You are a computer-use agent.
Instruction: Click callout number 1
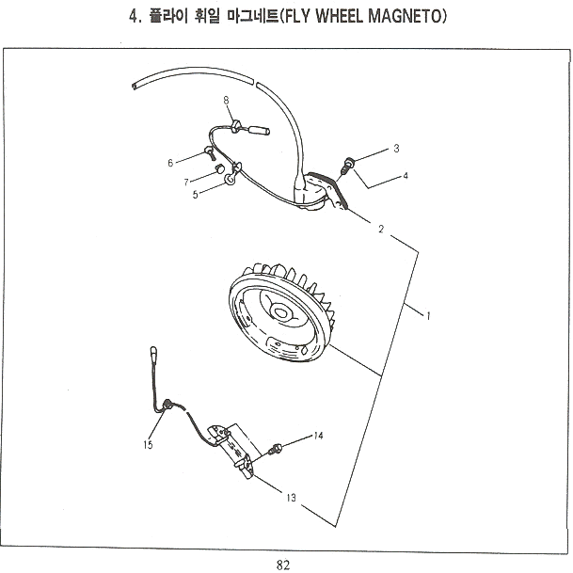pos(428,316)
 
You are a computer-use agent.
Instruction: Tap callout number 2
pos(380,229)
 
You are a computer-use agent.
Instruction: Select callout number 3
pos(396,149)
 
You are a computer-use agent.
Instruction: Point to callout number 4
pos(406,176)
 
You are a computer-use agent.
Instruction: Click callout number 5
pos(196,196)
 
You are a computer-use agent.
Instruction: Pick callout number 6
pos(170,163)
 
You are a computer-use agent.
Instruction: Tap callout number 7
pos(187,181)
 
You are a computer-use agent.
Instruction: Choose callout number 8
pos(226,100)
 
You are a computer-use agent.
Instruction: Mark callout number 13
pos(291,497)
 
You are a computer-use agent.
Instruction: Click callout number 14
pos(319,436)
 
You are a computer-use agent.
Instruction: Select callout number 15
pos(148,445)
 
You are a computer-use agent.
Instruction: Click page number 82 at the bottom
pos(284,564)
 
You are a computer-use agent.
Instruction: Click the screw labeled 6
pos(204,152)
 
